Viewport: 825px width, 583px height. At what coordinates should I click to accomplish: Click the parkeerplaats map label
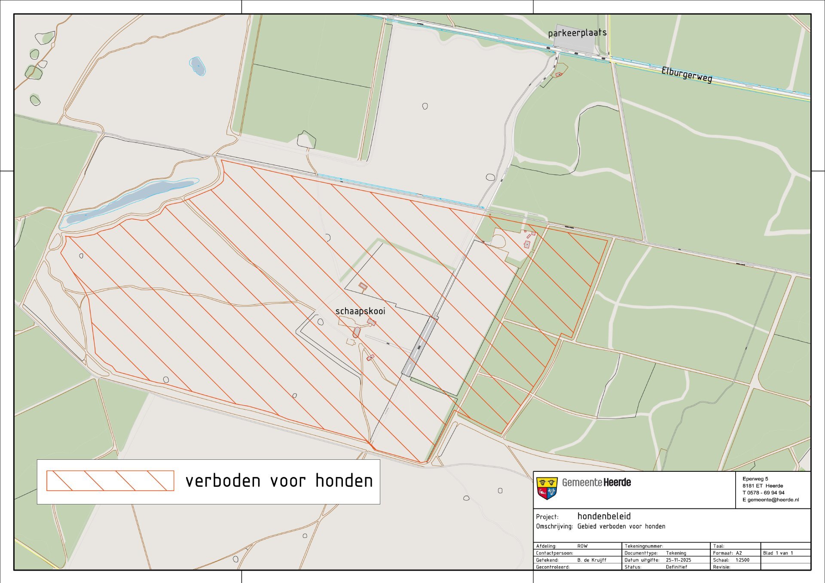click(577, 33)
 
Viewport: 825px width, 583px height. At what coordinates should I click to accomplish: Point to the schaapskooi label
click(360, 311)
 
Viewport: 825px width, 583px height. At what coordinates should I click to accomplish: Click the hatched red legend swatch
click(110, 480)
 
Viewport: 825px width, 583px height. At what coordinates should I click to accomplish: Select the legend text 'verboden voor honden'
click(279, 481)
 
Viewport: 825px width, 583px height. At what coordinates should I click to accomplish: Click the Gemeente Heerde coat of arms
click(547, 489)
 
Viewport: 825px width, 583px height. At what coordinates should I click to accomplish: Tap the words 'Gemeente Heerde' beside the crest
click(596, 483)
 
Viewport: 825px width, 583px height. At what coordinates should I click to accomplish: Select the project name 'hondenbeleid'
click(604, 516)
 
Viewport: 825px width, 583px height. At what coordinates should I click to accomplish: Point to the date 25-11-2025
click(678, 560)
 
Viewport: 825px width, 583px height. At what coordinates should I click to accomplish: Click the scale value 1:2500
click(742, 560)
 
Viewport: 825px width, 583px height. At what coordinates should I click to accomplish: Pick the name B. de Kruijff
click(592, 560)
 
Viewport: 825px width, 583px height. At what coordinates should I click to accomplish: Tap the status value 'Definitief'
click(676, 567)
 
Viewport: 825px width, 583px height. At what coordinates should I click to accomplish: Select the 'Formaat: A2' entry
click(727, 553)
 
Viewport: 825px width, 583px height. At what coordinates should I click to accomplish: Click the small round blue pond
click(197, 66)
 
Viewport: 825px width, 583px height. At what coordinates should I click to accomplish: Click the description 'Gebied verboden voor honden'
click(621, 526)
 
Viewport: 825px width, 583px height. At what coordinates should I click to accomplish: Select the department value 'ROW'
click(582, 546)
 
